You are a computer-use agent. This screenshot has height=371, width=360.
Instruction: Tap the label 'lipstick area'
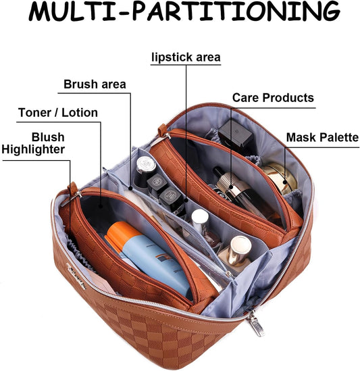(x=185, y=57)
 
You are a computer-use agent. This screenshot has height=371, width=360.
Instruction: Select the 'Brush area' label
(x=95, y=84)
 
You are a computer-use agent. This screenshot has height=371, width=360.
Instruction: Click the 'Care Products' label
(x=273, y=97)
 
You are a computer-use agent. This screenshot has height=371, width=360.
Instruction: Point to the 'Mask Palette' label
(x=322, y=138)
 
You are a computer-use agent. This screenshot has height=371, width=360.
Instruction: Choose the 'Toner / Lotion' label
(x=58, y=112)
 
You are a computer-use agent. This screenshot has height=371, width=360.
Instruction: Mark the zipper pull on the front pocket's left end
(x=72, y=192)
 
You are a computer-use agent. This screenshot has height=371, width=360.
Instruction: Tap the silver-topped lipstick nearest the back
(x=145, y=166)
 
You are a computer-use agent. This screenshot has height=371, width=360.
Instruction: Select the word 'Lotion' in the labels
(x=80, y=112)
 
